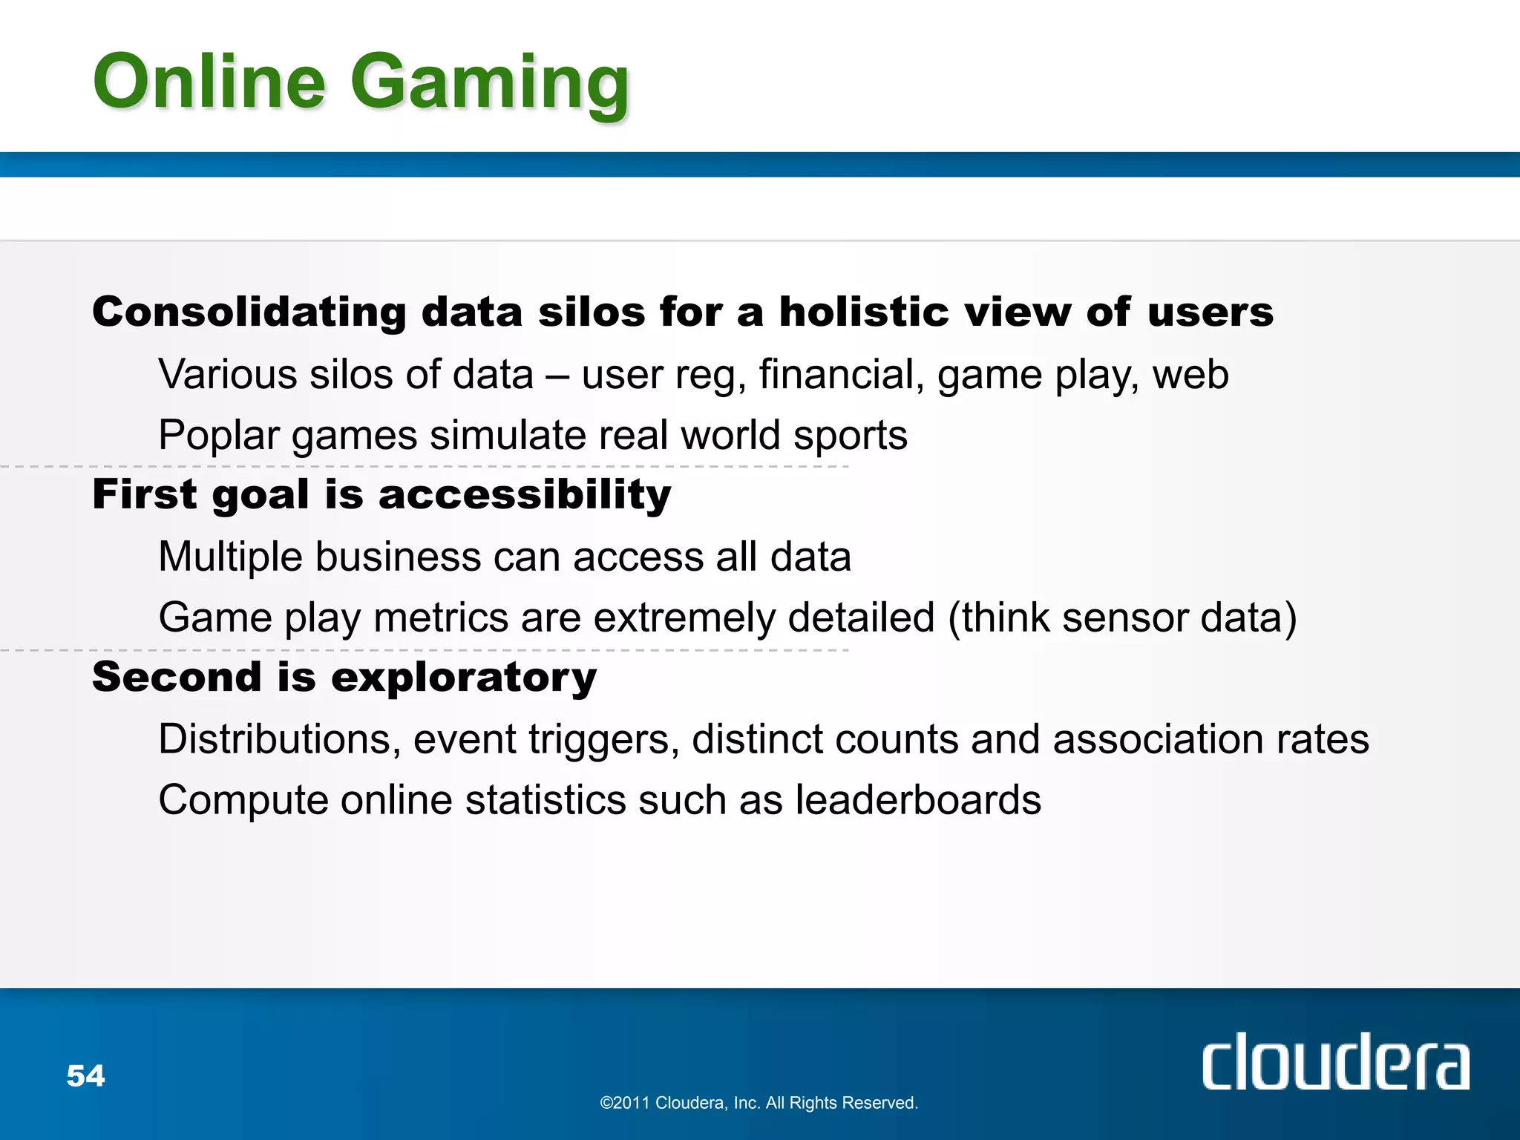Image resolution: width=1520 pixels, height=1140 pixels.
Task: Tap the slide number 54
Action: coord(85,1075)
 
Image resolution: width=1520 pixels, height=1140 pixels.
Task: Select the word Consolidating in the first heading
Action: coord(249,312)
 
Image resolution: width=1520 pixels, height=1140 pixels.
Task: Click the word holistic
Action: coord(864,312)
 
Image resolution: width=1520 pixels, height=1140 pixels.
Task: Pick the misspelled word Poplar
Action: coord(219,436)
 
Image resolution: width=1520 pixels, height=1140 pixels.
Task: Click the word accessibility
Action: coord(525,494)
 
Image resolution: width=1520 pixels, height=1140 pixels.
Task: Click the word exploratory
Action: coord(464,678)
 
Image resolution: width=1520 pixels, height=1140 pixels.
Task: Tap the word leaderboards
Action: coord(918,801)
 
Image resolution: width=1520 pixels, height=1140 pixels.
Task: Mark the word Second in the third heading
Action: coord(177,677)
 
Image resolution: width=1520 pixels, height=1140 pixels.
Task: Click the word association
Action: coord(1159,740)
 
